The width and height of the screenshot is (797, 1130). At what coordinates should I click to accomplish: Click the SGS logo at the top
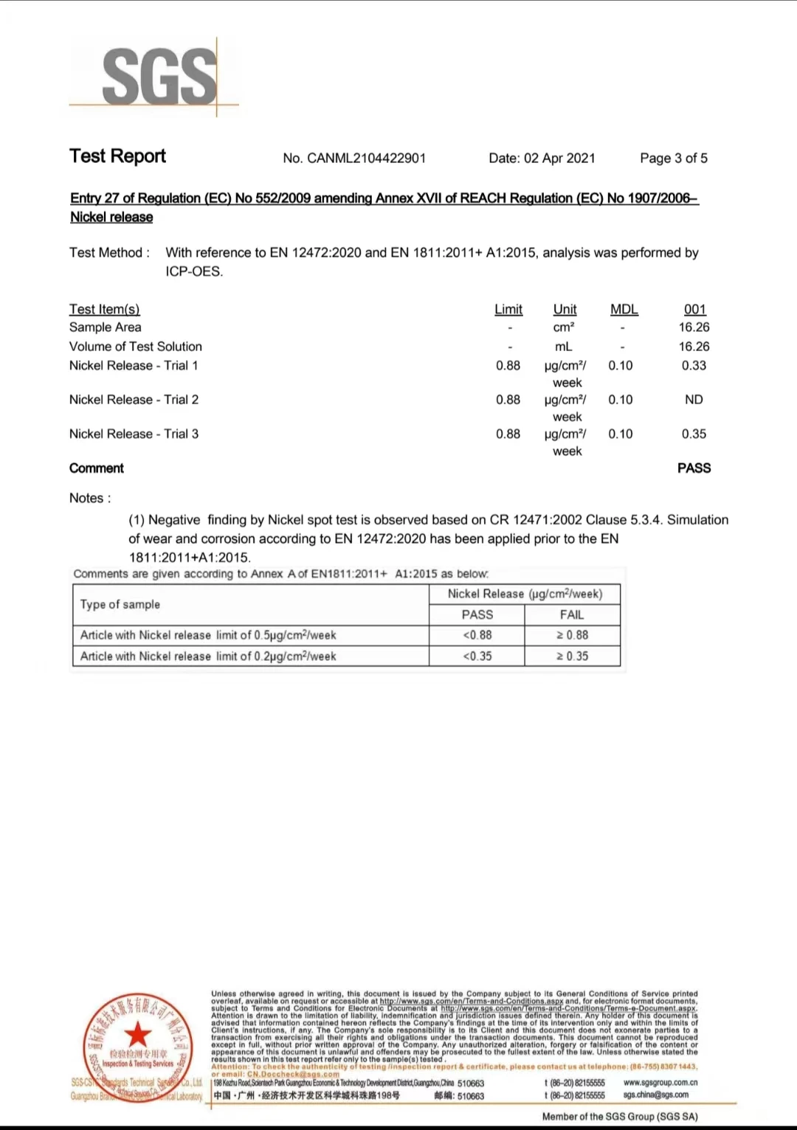(158, 76)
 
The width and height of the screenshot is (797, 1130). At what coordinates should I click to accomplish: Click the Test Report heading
(117, 156)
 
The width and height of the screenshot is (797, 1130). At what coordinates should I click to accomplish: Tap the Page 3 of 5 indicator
(673, 158)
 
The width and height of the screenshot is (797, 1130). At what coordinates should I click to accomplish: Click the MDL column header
(624, 309)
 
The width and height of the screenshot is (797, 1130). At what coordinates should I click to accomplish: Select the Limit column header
(508, 309)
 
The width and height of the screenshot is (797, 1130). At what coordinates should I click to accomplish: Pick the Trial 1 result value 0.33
(694, 365)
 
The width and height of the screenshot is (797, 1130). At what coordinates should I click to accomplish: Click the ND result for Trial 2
(694, 399)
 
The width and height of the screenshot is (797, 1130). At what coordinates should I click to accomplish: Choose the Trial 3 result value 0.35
(694, 434)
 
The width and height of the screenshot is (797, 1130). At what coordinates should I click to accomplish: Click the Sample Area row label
(106, 327)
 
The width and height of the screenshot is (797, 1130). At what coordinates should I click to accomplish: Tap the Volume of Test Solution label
(136, 346)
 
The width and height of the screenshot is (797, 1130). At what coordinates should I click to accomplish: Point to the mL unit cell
(563, 346)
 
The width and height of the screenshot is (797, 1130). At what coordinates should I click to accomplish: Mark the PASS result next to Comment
(694, 468)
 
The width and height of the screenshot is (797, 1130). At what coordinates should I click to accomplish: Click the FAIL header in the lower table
(572, 614)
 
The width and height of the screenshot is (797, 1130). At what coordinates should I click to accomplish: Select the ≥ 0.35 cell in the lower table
(572, 656)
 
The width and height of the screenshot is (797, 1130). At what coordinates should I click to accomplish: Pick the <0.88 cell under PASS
(477, 634)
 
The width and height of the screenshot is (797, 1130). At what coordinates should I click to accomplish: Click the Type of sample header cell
(120, 604)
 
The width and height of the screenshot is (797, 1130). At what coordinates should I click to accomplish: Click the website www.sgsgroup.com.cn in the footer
(660, 1083)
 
